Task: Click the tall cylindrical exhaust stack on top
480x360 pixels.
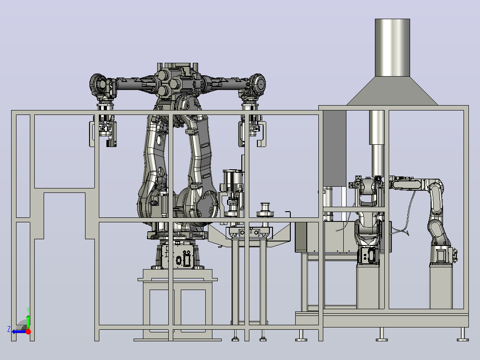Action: tap(392, 48)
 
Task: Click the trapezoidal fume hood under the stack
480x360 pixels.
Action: tap(392, 91)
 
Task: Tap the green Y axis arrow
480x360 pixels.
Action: tap(28, 322)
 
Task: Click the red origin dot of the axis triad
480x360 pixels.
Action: tap(28, 331)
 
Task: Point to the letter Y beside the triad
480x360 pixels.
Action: tap(28, 311)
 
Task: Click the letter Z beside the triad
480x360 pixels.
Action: tap(9, 329)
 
